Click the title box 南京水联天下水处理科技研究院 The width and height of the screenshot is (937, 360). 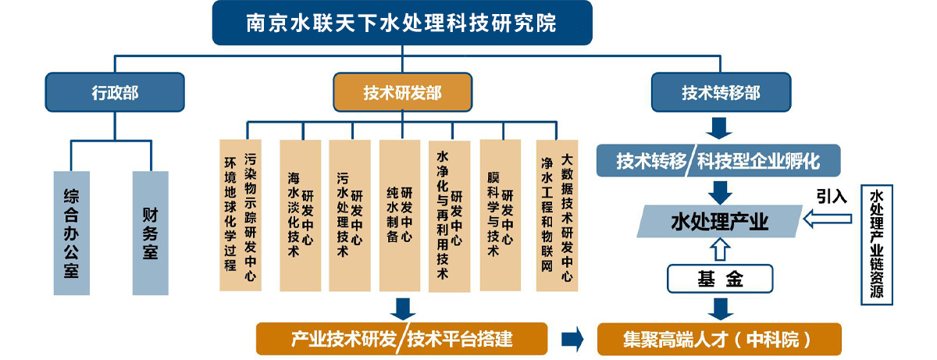402,23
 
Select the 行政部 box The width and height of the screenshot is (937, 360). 115,92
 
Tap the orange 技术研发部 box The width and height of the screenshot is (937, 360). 402,93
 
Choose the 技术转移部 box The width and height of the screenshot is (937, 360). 721,93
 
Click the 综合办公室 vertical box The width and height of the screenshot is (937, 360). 78,233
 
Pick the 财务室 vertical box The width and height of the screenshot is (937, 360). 150,233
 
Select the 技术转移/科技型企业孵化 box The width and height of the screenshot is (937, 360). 718,162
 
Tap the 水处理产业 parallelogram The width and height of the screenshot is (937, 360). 719,222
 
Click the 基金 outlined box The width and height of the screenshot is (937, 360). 719,278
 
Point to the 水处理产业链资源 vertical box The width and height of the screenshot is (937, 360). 875,244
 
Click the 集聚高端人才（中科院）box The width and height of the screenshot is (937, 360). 718,339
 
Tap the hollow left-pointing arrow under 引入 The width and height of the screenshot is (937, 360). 828,222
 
